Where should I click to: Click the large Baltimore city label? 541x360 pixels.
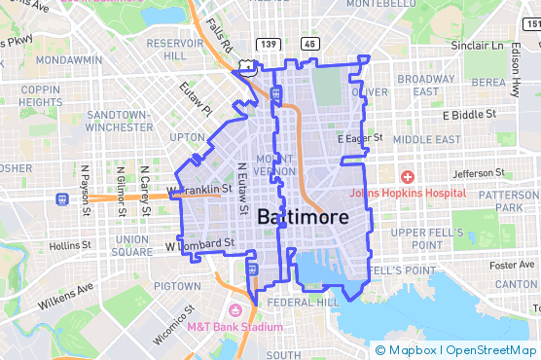tap(303, 219)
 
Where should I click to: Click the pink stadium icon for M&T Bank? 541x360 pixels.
tap(234, 310)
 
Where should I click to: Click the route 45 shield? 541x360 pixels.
tap(309, 44)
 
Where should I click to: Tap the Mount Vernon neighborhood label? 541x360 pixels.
tap(273, 165)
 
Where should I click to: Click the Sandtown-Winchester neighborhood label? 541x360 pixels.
tap(117, 122)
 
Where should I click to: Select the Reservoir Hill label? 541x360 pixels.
tap(174, 50)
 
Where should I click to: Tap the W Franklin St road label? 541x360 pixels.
tap(200, 189)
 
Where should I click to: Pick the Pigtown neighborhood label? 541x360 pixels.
tap(177, 286)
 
